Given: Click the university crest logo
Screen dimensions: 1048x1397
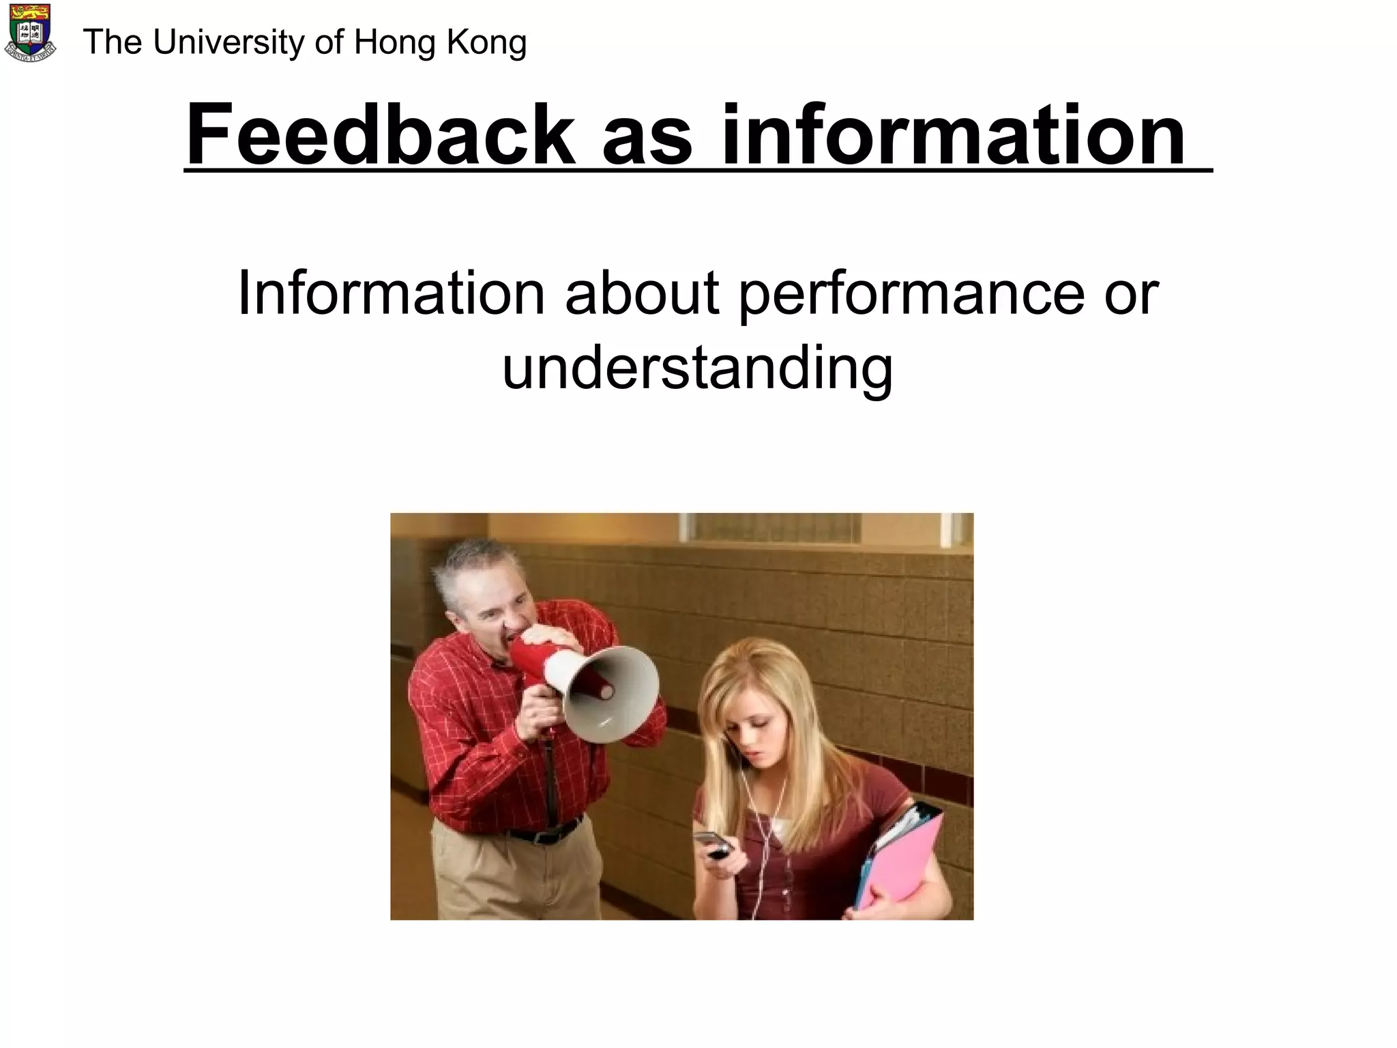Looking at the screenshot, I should click(30, 33).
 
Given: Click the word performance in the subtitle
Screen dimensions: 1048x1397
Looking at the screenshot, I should click(911, 294).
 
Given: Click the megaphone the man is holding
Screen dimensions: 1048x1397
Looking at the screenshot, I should click(600, 689).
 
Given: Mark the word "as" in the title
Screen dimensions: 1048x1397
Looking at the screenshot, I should click(647, 134).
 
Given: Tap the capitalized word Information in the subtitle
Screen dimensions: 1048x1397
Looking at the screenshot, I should click(391, 294).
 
